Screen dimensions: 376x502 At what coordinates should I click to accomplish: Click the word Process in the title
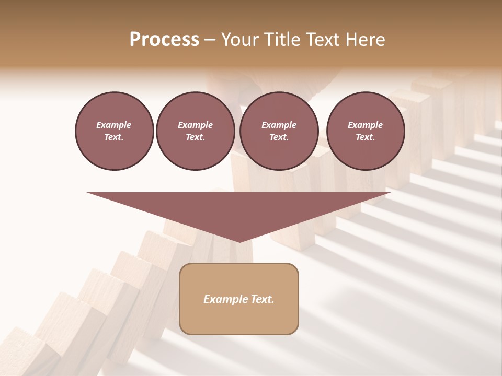coord(164,40)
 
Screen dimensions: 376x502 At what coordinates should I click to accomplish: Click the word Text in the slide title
coord(325,40)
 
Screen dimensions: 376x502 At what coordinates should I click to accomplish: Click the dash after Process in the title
coord(210,40)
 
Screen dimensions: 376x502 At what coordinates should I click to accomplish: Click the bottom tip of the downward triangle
coord(239,241)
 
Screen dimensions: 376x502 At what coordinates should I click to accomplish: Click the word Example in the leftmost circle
coord(114,125)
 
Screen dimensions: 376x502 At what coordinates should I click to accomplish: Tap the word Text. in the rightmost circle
coord(366,137)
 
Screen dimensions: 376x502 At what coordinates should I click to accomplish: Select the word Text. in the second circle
coord(195,137)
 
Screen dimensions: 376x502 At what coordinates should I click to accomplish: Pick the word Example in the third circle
coord(279,125)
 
